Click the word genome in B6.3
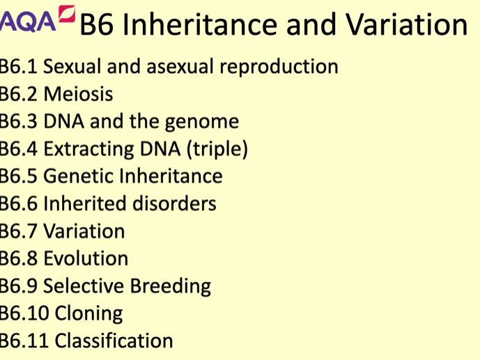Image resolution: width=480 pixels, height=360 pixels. point(202,122)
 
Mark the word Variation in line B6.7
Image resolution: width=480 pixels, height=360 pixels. point(84,231)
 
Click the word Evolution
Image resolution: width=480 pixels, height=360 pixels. point(86,258)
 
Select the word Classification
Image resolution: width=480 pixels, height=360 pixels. point(114,341)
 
